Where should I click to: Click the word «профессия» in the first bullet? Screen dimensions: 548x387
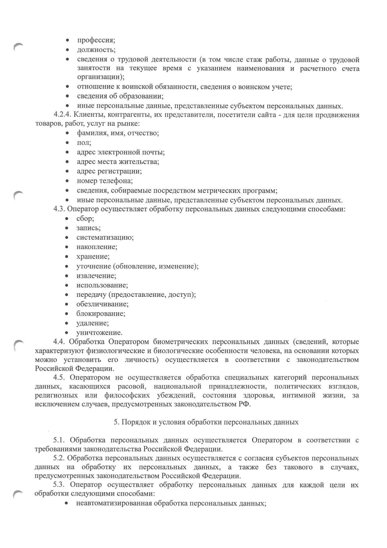(x=96, y=41)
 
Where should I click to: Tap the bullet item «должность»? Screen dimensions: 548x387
(x=96, y=50)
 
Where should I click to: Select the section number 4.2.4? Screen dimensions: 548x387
(x=62, y=115)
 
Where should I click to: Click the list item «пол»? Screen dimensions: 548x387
(x=84, y=143)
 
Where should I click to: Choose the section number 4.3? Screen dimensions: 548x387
(x=59, y=209)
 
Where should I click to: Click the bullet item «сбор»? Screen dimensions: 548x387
(x=85, y=219)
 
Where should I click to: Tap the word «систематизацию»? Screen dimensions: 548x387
(x=105, y=237)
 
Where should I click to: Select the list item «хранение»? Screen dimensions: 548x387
(x=93, y=257)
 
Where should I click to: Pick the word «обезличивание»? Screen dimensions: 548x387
(x=102, y=304)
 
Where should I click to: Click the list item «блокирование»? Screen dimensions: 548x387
(x=101, y=314)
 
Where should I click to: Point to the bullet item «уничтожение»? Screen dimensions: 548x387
(x=99, y=333)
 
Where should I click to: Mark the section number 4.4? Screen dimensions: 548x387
(x=59, y=342)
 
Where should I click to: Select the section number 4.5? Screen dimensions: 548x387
(x=59, y=378)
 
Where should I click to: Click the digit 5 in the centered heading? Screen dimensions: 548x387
(x=116, y=423)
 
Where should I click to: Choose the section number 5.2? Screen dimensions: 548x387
(x=59, y=458)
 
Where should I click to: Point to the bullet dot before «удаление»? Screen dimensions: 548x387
(x=67, y=323)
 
